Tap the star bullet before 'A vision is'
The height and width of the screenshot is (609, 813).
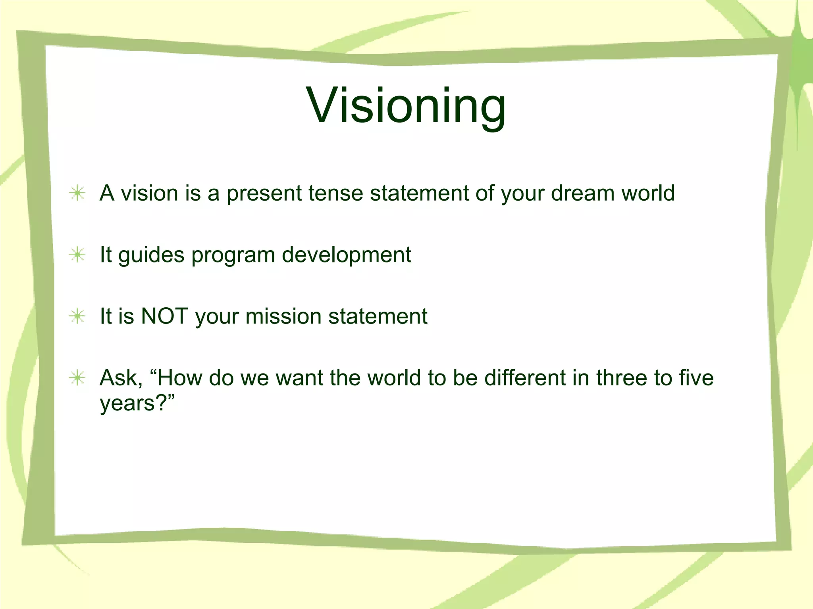pos(77,193)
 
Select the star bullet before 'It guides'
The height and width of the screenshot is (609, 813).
pos(77,255)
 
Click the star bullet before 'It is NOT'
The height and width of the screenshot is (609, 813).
pos(77,316)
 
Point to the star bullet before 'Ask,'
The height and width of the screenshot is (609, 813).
pos(77,378)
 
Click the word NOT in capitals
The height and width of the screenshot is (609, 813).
pos(164,316)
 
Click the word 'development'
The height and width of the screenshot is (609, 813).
pos(346,255)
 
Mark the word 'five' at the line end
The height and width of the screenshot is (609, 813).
pos(696,378)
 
